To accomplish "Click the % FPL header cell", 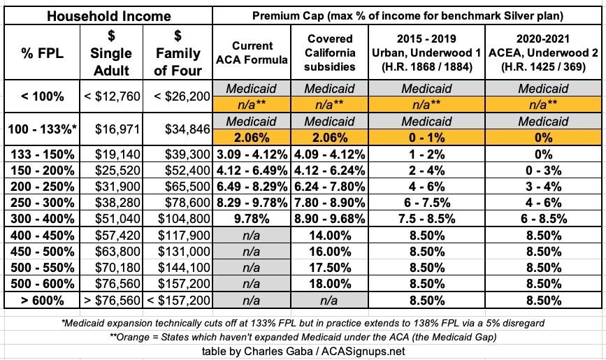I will (x=40, y=53).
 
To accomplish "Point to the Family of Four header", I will (x=177, y=53).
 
